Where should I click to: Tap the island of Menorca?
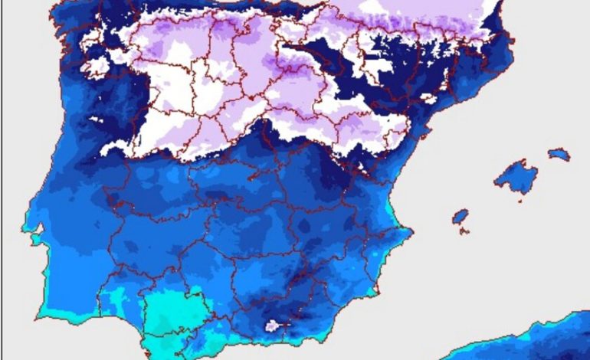(x=559, y=155)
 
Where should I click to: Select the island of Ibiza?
(x=460, y=217)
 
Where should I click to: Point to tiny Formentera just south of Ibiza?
(x=464, y=231)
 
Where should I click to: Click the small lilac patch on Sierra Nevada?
(x=271, y=326)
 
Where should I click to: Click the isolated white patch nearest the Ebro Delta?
(x=429, y=99)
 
